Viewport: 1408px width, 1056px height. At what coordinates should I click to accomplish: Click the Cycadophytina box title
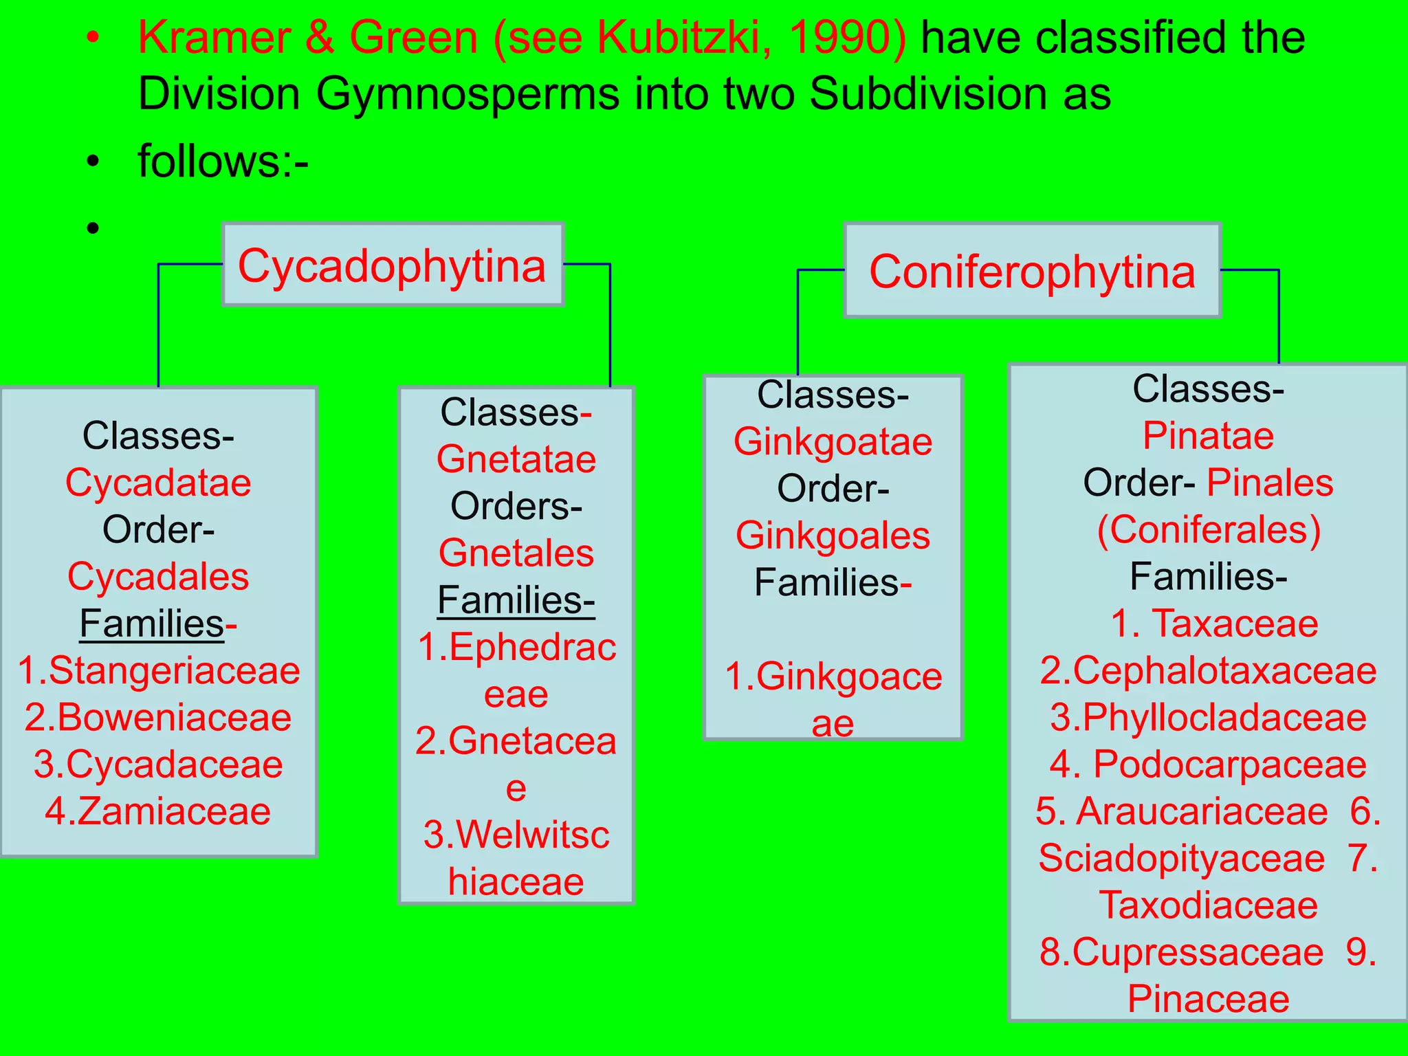pyautogui.click(x=392, y=266)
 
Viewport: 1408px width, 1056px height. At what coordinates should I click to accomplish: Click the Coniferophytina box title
pyautogui.click(x=1032, y=272)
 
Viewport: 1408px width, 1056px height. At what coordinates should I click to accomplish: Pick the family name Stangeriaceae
pyautogui.click(x=174, y=670)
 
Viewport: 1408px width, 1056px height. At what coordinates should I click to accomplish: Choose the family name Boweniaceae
pyautogui.click(x=174, y=718)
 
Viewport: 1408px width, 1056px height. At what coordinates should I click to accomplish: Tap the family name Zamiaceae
pyautogui.click(x=174, y=811)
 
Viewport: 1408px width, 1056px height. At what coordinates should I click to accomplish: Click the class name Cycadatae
pyautogui.click(x=158, y=483)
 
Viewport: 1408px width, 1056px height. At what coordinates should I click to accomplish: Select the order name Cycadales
pyautogui.click(x=158, y=576)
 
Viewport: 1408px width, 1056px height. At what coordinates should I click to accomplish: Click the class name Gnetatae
pyautogui.click(x=516, y=459)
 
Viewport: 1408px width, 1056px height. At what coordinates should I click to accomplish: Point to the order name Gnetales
pyautogui.click(x=516, y=553)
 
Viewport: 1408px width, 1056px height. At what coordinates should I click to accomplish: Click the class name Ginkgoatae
pyautogui.click(x=833, y=441)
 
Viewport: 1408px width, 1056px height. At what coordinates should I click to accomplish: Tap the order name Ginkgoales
pyautogui.click(x=833, y=536)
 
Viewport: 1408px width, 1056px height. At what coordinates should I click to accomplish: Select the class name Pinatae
pyautogui.click(x=1208, y=436)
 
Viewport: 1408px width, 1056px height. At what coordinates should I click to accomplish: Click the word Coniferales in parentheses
pyautogui.click(x=1209, y=530)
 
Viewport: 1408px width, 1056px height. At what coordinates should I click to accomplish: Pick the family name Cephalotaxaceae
pyautogui.click(x=1224, y=670)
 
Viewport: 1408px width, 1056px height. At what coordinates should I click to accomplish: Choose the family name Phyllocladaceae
pyautogui.click(x=1224, y=718)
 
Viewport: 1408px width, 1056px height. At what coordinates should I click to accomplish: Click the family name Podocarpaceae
pyautogui.click(x=1229, y=764)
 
